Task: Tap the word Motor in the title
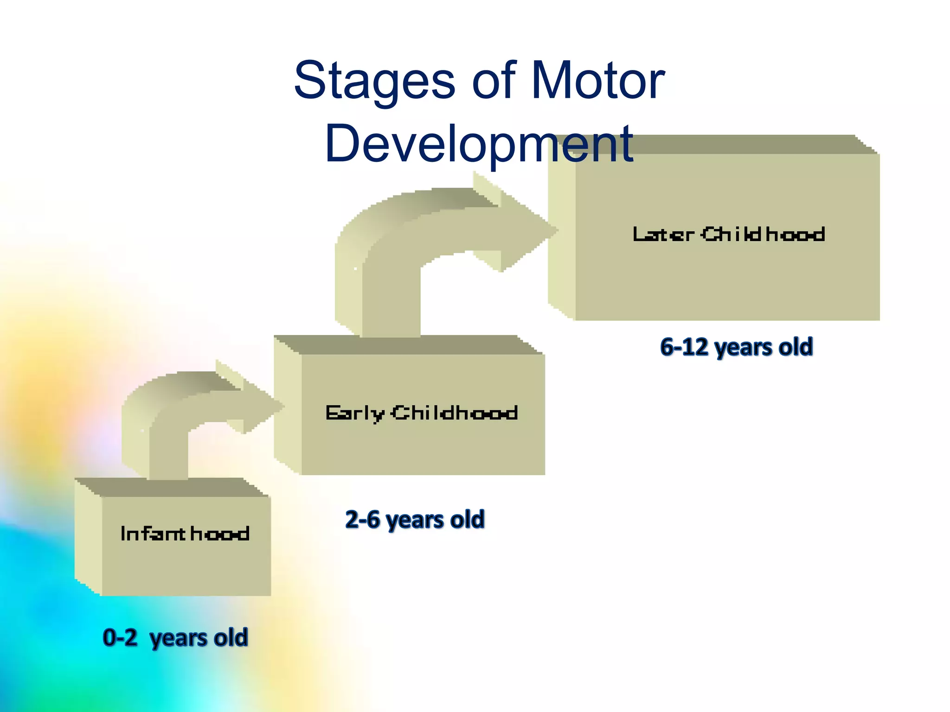pyautogui.click(x=598, y=81)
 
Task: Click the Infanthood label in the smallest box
pyautogui.click(x=185, y=534)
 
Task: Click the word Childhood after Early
pyautogui.click(x=455, y=413)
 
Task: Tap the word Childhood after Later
pyautogui.click(x=763, y=235)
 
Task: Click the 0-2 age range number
pyautogui.click(x=120, y=637)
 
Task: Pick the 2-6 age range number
pyautogui.click(x=362, y=519)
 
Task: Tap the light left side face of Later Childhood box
pyautogui.click(x=562, y=236)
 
